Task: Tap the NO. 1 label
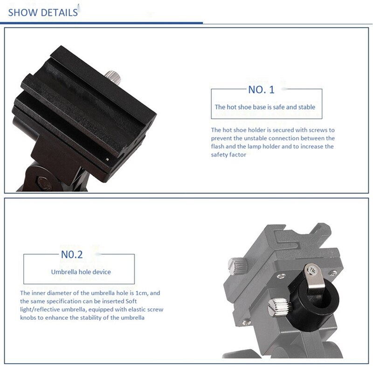coord(262,90)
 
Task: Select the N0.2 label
coord(72,255)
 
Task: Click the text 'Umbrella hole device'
coord(81,271)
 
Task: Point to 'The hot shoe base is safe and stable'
coord(265,107)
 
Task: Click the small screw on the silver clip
coord(312,269)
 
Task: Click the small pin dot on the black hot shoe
coord(108,159)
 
